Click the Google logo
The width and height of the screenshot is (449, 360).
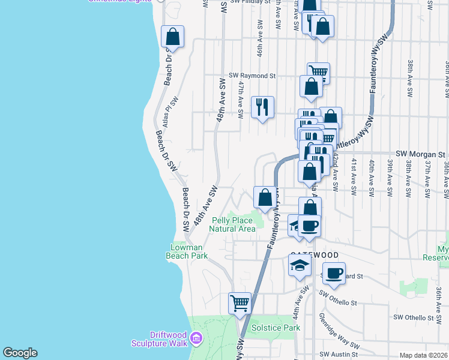point(20,353)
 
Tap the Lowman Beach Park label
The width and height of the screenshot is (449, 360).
point(186,251)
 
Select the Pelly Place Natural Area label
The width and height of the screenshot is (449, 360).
point(232,224)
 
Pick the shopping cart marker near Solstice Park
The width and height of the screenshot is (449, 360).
point(240,304)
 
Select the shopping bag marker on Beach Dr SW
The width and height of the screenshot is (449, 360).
point(173,37)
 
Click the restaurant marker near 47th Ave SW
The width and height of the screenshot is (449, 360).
point(262,107)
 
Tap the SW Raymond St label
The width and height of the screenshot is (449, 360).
point(252,76)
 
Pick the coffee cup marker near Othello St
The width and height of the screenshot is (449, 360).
point(334,273)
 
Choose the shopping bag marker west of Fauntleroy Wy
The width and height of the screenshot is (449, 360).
point(265,197)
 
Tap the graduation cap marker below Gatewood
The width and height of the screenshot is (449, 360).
point(300,266)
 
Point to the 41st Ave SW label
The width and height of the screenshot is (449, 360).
point(354,176)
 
